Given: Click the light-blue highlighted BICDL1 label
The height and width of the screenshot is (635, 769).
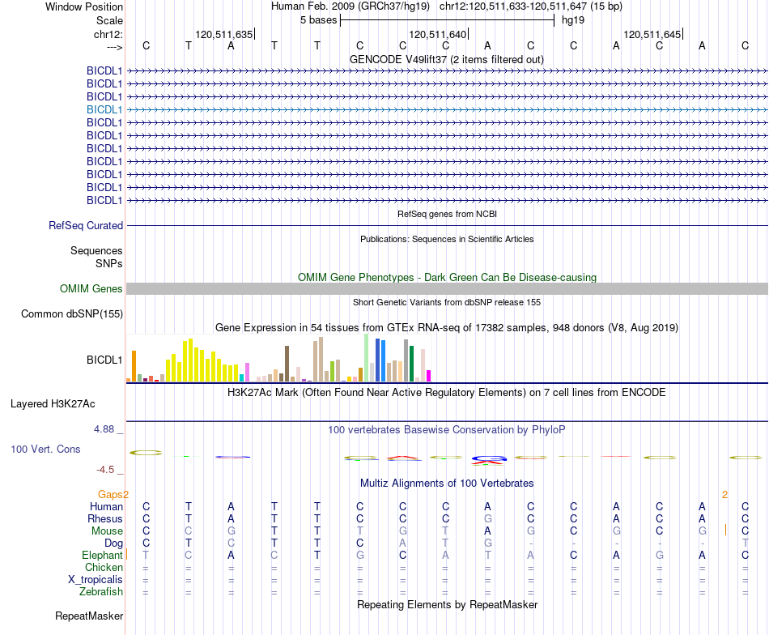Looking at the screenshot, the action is pos(104,109).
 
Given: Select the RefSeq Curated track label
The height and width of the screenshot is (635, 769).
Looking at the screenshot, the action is pos(85,225).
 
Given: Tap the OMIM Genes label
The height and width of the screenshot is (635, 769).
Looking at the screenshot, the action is pos(91,288).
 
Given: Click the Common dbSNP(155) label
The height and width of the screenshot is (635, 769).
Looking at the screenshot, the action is pos(71,313).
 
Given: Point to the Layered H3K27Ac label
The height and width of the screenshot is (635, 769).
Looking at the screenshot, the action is pos(53,404).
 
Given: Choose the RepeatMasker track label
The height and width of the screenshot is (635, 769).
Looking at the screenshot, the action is pos(89,616).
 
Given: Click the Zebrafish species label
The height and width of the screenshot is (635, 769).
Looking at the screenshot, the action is pos(101,592).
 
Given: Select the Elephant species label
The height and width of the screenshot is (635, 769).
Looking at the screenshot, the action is pos(102,555).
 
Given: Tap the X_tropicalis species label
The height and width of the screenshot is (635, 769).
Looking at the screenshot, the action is pos(96,580).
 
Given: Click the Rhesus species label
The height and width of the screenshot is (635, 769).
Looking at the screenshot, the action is pos(105,518).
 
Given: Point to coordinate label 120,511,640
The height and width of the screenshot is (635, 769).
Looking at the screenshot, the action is pos(437,34).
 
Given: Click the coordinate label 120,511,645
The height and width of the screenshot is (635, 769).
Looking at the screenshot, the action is pos(652,34).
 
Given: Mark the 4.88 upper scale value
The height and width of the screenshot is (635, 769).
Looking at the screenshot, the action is pos(104,429).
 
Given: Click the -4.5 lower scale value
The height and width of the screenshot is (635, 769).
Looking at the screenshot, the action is pos(105,470).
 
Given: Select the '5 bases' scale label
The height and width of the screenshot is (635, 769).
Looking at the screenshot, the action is pos(318,20).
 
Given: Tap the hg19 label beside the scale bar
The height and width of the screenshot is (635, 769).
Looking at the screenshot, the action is pos(573,20).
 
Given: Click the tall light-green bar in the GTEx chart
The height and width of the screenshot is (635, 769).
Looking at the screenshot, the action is pos(367,358).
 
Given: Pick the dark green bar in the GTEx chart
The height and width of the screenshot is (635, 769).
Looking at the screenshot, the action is pos(411,364).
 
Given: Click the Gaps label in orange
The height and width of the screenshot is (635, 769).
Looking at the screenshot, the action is pos(110,494).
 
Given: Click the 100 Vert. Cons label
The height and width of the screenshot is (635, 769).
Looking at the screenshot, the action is pos(45,449).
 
